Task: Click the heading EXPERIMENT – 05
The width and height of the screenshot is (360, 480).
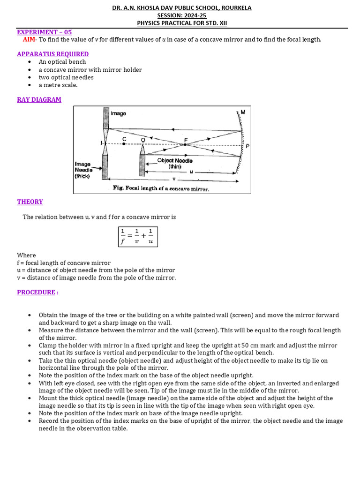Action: point(45,32)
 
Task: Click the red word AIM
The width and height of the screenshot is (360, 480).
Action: point(29,39)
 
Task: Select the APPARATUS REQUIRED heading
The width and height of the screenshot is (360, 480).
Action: point(52,54)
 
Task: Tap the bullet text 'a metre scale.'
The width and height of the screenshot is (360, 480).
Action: point(58,85)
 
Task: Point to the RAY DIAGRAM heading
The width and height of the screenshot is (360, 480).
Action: point(39,99)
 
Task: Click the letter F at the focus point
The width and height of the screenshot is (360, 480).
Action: point(186,139)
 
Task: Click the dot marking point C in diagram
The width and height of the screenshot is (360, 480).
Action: point(124,144)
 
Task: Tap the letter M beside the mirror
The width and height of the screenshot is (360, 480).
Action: point(242,112)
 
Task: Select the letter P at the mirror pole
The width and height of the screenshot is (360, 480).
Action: point(247,146)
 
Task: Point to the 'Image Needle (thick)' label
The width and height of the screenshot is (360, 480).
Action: point(83,170)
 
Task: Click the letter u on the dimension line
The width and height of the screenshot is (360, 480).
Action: point(191,172)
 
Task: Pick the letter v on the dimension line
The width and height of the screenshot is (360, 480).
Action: point(173,179)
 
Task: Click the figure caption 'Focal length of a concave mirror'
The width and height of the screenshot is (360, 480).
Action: point(161,188)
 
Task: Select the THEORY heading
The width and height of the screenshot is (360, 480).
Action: point(30,202)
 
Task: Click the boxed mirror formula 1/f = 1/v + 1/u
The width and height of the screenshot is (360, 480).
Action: point(137,237)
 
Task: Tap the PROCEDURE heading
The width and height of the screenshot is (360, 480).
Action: point(37,292)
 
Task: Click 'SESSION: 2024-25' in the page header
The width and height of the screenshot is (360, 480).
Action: point(181,15)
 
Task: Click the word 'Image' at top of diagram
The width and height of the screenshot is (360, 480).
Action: point(118,113)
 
